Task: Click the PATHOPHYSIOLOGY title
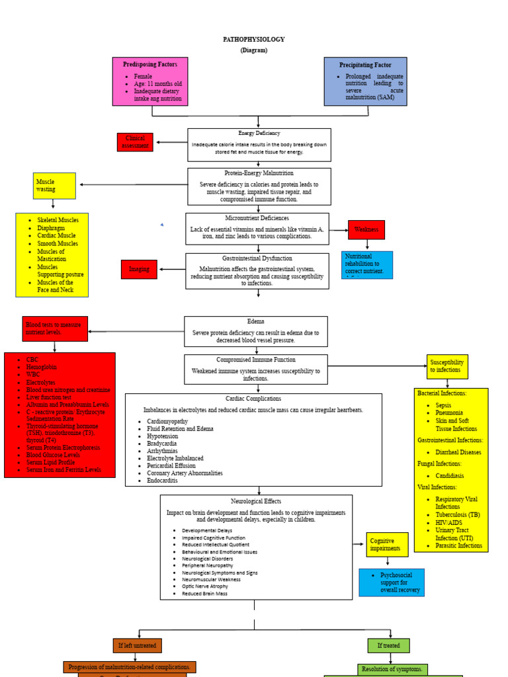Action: click(x=253, y=40)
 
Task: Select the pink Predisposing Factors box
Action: click(x=150, y=81)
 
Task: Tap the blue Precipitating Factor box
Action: click(x=365, y=81)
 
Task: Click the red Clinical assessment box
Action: click(x=135, y=142)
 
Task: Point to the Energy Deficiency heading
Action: click(x=259, y=134)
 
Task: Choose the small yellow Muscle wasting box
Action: click(x=54, y=186)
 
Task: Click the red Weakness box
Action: click(x=366, y=229)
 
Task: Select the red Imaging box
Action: click(x=139, y=269)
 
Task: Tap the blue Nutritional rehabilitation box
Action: click(x=366, y=264)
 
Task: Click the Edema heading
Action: click(x=255, y=321)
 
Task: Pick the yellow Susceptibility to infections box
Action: click(x=447, y=366)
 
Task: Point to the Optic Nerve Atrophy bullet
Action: click(x=205, y=586)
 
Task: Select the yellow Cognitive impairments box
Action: click(x=387, y=544)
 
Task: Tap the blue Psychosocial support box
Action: click(x=392, y=582)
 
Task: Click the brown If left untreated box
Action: click(x=137, y=645)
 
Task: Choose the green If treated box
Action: click(x=388, y=645)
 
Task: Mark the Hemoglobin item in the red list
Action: click(x=42, y=367)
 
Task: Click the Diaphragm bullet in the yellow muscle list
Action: click(x=52, y=228)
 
